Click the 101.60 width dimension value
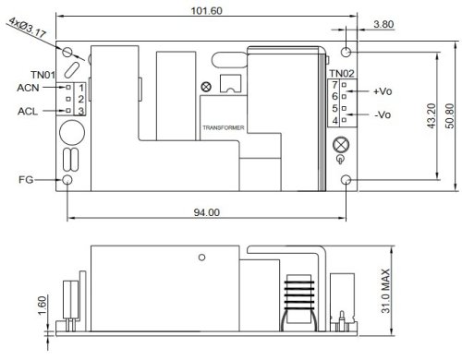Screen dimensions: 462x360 (x=206, y=11)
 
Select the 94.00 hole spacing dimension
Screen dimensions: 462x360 (x=207, y=212)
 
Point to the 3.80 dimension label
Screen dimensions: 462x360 (x=383, y=24)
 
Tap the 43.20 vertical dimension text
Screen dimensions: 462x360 (x=432, y=116)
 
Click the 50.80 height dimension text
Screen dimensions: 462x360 (x=449, y=116)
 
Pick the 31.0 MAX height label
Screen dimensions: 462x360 (x=385, y=291)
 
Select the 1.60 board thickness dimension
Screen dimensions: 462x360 (x=42, y=306)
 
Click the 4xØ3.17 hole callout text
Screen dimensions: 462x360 (x=27, y=27)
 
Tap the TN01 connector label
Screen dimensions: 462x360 (x=43, y=75)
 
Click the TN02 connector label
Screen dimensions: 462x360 (x=342, y=74)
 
